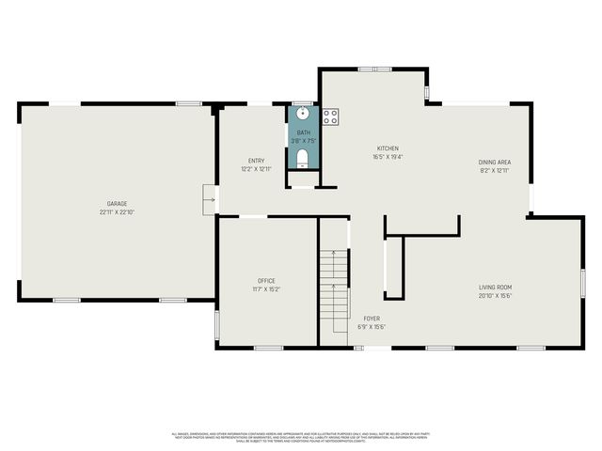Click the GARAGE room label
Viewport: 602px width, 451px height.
pyautogui.click(x=117, y=204)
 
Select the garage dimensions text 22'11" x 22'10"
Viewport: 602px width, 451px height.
pyautogui.click(x=117, y=212)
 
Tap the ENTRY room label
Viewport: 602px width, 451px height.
pyautogui.click(x=256, y=161)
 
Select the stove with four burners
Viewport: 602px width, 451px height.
pyautogui.click(x=330, y=117)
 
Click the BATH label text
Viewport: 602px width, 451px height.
pyautogui.click(x=303, y=132)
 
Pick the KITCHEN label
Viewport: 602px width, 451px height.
pyautogui.click(x=388, y=148)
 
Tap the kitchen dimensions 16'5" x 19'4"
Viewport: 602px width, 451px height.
pyautogui.click(x=388, y=157)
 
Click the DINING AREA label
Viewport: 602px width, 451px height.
pyautogui.click(x=495, y=163)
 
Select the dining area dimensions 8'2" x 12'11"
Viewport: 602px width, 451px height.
pyautogui.click(x=495, y=171)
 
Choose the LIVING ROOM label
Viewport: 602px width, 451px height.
pyautogui.click(x=495, y=287)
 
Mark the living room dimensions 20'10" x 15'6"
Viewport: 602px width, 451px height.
pyautogui.click(x=495, y=295)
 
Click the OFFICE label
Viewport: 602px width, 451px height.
pyautogui.click(x=266, y=280)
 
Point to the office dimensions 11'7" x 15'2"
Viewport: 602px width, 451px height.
pyautogui.click(x=266, y=288)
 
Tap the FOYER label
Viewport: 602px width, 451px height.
pyautogui.click(x=372, y=319)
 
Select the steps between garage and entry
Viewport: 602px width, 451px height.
pyautogui.click(x=209, y=199)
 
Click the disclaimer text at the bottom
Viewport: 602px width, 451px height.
pyautogui.click(x=301, y=437)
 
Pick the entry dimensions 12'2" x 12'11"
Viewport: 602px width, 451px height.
pyautogui.click(x=256, y=169)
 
